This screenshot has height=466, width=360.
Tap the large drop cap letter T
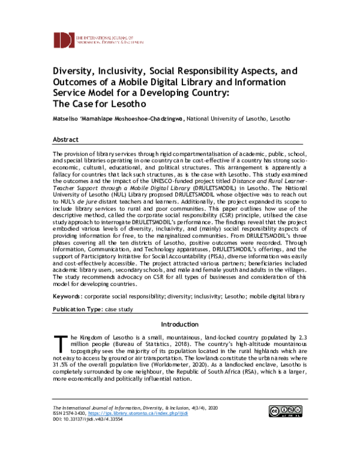tap(59, 344)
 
